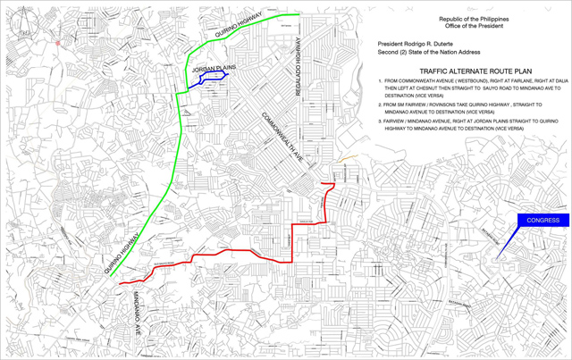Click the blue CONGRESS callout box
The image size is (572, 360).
coord(543,221)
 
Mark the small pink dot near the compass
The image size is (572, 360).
coord(58,42)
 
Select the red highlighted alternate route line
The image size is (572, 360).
coord(241,251)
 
